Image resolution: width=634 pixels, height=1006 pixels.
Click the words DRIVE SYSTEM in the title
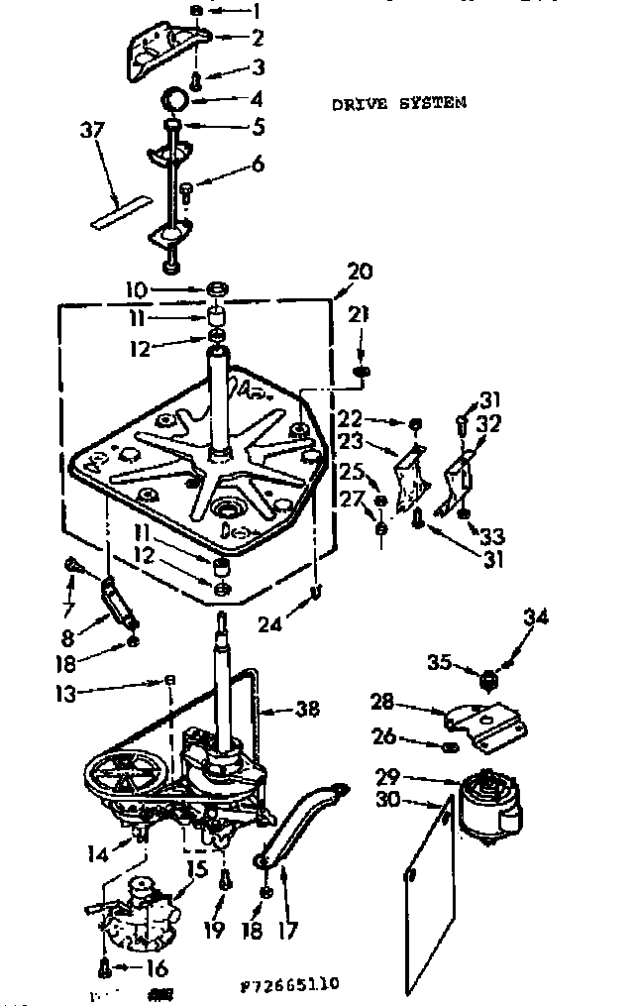(x=399, y=102)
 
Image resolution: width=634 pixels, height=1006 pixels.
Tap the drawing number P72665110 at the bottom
(x=290, y=984)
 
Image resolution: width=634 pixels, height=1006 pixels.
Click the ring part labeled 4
(x=175, y=99)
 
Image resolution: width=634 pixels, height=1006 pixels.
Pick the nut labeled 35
(x=486, y=680)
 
